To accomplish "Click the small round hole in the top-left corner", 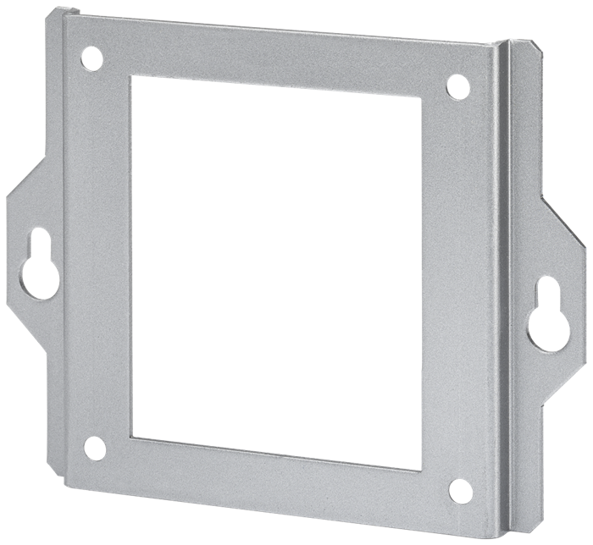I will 91,58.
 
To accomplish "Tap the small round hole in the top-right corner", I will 457,86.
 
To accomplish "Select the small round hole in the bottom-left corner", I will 94,448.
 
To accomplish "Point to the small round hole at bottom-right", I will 460,490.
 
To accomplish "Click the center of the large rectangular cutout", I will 276,272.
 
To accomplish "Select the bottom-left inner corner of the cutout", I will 132,438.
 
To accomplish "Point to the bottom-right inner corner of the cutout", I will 421,468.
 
